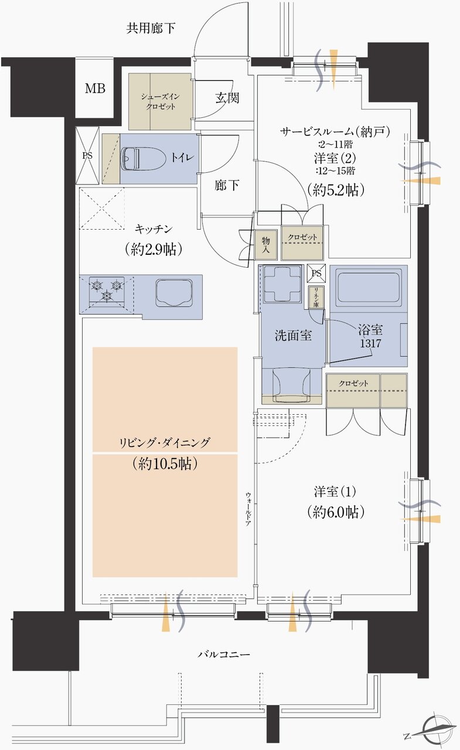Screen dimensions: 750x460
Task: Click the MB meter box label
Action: point(94,89)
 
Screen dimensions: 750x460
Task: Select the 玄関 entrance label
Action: point(227,98)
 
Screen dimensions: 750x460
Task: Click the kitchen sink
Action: point(175,291)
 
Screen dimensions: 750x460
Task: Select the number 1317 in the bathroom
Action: point(370,343)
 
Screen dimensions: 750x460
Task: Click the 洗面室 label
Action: point(293,336)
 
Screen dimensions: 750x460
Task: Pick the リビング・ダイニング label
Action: point(165,442)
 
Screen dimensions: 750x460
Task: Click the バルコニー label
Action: point(223,653)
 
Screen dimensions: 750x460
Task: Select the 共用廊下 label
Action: point(151,28)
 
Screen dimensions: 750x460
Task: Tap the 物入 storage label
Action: point(266,244)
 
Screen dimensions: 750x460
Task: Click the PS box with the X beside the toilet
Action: point(87,156)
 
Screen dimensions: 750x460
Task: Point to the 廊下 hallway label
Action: point(227,186)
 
